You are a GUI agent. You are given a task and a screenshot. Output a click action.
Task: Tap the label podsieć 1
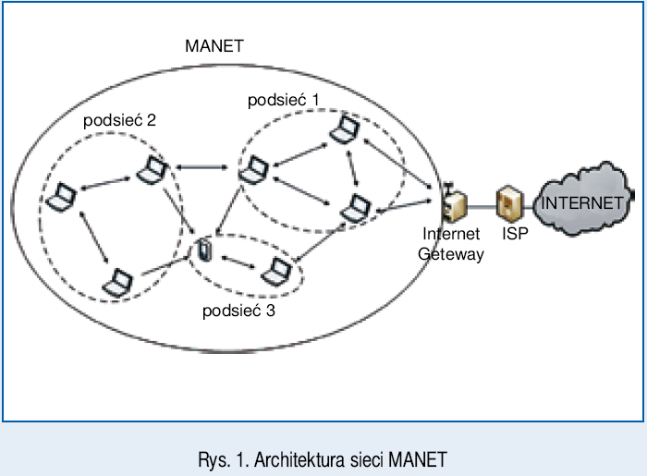pyautogui.click(x=284, y=99)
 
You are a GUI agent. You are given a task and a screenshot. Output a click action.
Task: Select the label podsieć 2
pyautogui.click(x=119, y=120)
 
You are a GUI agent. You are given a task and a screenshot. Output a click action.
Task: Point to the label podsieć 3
pyautogui.click(x=238, y=311)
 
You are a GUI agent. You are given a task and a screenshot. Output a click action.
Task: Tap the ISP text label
pyautogui.click(x=515, y=235)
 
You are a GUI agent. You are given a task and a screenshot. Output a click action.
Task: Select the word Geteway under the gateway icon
pyautogui.click(x=451, y=254)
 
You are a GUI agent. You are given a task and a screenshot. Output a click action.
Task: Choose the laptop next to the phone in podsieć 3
pyautogui.click(x=276, y=272)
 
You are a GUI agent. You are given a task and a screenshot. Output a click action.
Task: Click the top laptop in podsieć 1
pyautogui.click(x=346, y=131)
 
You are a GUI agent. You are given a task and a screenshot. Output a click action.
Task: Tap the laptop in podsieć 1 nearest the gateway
pyautogui.click(x=354, y=210)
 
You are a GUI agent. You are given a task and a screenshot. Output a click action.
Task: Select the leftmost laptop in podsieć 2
pyautogui.click(x=62, y=196)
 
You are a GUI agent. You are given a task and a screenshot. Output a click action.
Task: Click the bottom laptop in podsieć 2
pyautogui.click(x=118, y=281)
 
